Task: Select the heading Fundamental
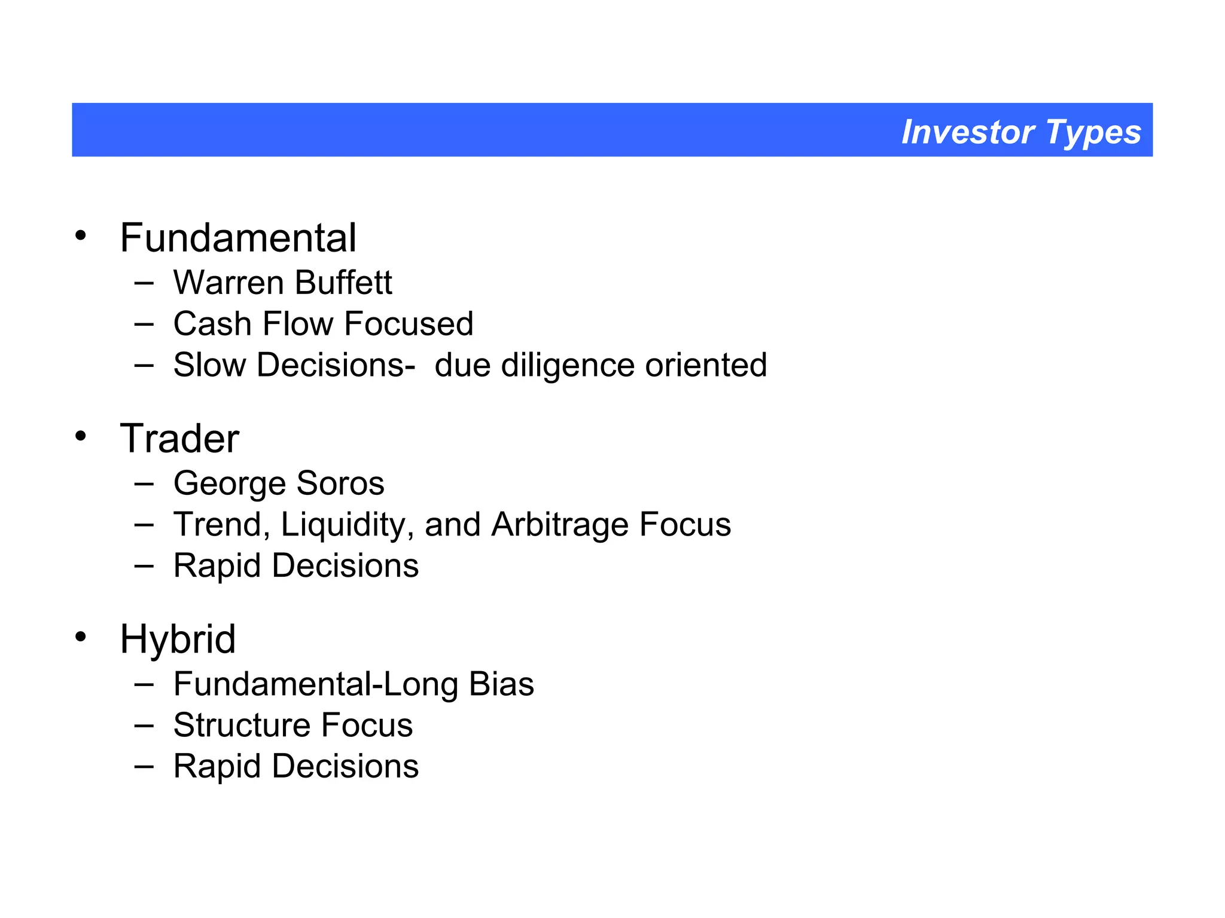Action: click(x=238, y=238)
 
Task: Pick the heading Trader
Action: click(x=179, y=439)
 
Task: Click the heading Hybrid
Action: click(x=178, y=639)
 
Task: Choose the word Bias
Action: click(x=501, y=684)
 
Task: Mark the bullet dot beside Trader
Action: click(x=81, y=437)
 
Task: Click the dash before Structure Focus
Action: click(x=144, y=726)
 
